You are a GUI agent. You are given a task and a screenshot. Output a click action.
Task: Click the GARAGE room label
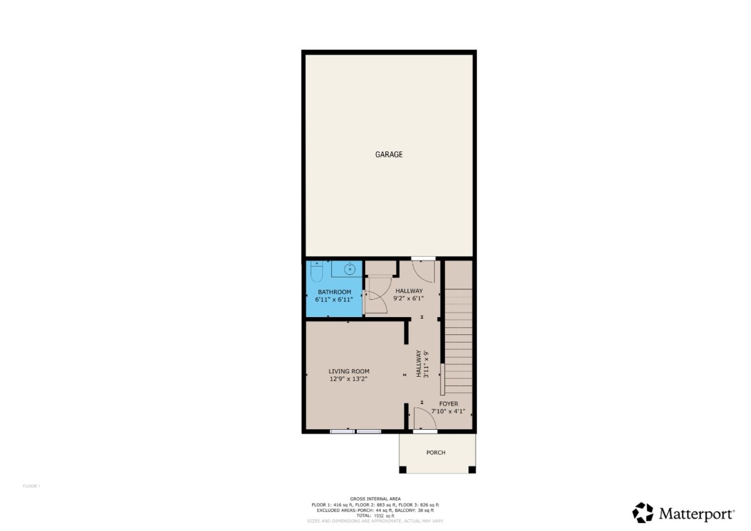(389, 154)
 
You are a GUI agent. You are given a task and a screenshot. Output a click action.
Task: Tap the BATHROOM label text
(334, 292)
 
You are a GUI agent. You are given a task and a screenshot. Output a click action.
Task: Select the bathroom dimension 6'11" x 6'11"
(334, 300)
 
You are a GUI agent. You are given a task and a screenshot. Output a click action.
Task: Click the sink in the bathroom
(350, 270)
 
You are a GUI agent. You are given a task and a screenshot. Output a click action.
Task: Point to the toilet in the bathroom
(317, 271)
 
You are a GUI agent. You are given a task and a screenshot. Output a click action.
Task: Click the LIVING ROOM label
(348, 371)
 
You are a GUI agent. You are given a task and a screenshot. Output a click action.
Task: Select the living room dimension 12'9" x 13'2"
(348, 379)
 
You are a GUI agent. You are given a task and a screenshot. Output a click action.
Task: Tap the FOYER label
(449, 404)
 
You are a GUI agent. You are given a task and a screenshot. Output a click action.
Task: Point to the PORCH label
(435, 453)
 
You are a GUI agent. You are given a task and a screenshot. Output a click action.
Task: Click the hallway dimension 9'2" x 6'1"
(408, 299)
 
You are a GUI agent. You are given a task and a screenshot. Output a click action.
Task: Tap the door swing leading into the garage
(423, 271)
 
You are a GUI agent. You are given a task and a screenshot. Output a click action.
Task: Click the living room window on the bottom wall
(356, 431)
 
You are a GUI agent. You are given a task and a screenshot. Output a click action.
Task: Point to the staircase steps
(458, 355)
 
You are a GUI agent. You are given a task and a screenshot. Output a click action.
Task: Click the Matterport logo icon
(643, 513)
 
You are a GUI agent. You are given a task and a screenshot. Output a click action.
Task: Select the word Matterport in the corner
(696, 514)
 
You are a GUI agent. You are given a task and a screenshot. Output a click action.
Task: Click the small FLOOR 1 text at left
(31, 486)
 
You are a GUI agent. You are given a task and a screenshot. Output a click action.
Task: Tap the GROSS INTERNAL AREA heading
(375, 499)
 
